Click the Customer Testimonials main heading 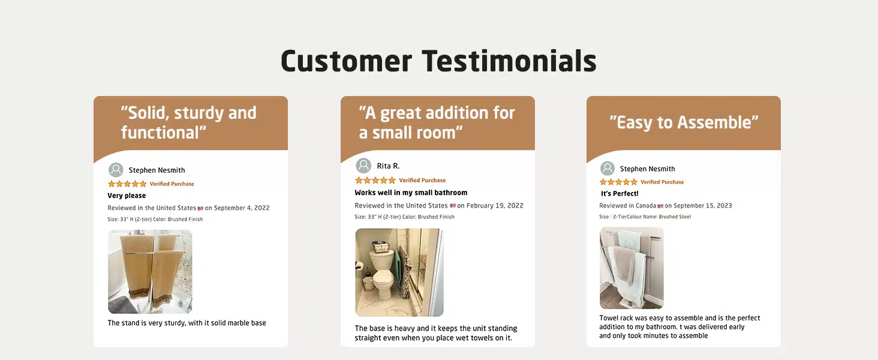coord(438,62)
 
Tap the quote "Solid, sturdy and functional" coord(188,122)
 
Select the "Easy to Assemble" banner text coord(684,122)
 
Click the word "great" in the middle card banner coord(401,113)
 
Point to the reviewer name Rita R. coord(388,166)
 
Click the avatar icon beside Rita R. coord(363,166)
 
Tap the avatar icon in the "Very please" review coord(116,170)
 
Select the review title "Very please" coord(127,195)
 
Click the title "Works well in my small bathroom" coord(411,193)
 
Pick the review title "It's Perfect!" coord(620,193)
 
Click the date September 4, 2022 coord(242,208)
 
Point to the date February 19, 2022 coord(494,205)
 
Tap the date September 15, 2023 coord(702,205)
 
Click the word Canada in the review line coord(645,205)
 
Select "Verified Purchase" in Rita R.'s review coord(422,181)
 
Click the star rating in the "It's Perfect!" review coord(618,182)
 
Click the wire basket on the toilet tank coord(381,248)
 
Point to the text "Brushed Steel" coord(675,217)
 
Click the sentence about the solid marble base coord(187,323)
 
